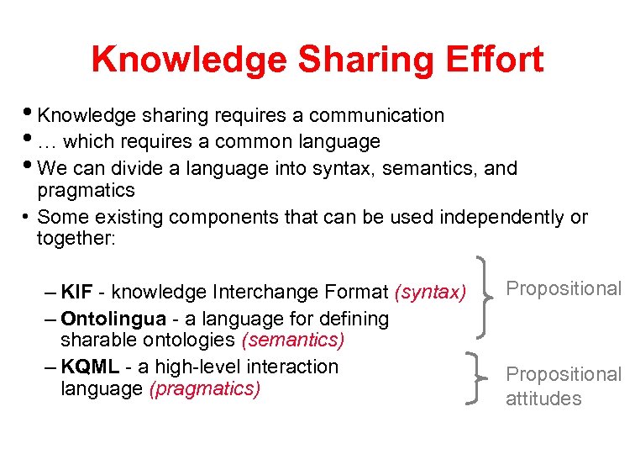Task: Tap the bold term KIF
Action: point(76,293)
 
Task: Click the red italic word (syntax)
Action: point(430,293)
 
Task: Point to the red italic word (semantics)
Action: point(293,340)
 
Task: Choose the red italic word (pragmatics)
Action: point(204,389)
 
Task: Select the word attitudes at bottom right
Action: point(543,399)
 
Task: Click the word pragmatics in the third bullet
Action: point(86,190)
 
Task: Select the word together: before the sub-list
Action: point(76,239)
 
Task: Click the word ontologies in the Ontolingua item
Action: point(189,340)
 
